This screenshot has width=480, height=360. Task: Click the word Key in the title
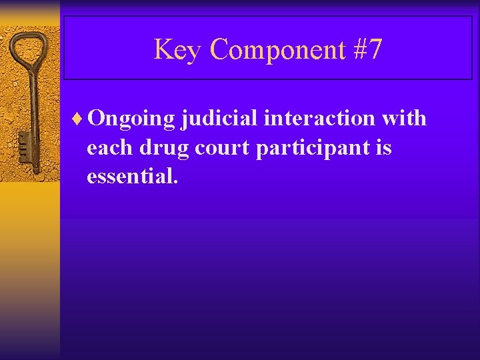[176, 50]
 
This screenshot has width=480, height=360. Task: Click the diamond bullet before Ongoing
[80, 119]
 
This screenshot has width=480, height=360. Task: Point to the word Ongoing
[131, 119]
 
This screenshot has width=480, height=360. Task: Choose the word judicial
[219, 119]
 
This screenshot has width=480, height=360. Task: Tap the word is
[383, 147]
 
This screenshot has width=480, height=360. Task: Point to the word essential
[131, 177]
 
